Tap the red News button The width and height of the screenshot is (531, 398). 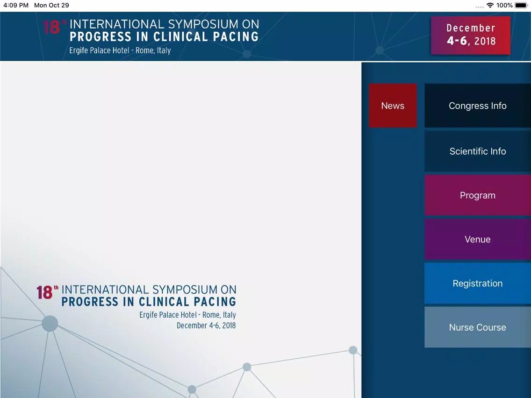(393, 106)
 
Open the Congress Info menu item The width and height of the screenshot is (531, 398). (478, 106)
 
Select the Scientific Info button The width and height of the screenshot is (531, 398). (478, 151)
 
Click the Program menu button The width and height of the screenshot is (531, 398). (478, 195)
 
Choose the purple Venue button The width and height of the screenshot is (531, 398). (478, 239)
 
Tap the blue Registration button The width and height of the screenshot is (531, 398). (478, 283)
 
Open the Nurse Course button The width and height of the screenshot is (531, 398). (478, 327)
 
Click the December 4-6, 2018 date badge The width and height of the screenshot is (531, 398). (471, 35)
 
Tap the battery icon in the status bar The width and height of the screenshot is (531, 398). (522, 6)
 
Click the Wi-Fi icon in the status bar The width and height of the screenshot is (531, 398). (490, 6)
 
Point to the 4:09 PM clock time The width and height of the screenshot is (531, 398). (16, 6)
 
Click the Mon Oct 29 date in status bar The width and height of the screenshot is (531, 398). (51, 6)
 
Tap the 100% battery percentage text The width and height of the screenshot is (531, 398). (504, 6)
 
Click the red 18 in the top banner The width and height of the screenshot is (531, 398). (51, 28)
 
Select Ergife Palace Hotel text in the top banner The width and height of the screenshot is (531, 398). (99, 50)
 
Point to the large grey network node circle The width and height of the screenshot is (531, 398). (50, 324)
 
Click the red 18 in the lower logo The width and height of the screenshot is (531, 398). (44, 293)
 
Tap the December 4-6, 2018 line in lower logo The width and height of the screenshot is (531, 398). (206, 326)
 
